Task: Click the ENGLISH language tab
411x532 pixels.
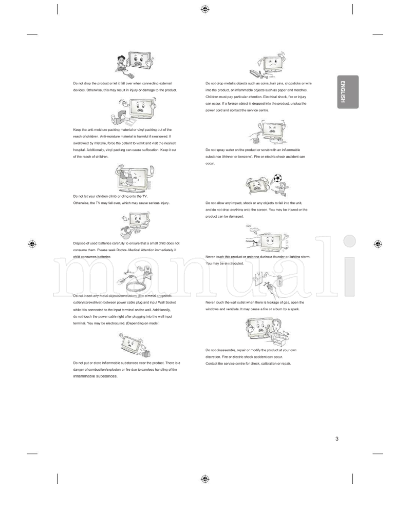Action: [348, 92]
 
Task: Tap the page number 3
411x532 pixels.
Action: [337, 438]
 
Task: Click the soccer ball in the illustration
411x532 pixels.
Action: [277, 178]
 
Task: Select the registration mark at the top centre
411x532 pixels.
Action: [205, 9]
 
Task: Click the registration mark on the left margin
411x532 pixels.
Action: [32, 244]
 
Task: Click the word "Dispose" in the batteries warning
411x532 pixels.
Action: [80, 243]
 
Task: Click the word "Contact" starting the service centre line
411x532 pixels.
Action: [212, 363]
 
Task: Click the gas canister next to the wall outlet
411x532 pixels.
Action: [279, 281]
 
